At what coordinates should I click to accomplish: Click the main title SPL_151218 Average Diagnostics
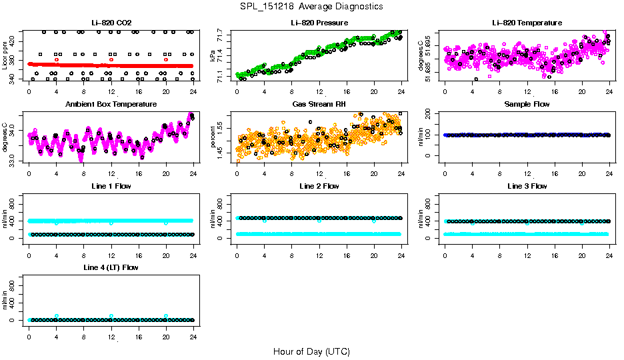pos(312,6)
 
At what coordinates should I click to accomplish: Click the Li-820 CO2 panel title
pos(111,23)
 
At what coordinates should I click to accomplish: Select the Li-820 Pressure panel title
pos(319,23)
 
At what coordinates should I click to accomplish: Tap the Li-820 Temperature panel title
pos(527,23)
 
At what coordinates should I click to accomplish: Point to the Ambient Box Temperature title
pos(111,105)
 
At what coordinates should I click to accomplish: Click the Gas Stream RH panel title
pos(319,105)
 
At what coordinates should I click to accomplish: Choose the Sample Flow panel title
pos(527,105)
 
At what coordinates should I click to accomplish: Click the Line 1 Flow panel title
pos(111,187)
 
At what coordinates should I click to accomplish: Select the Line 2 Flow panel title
pos(319,187)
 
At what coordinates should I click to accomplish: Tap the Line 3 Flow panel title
pos(527,187)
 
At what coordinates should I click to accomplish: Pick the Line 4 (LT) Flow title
pos(111,268)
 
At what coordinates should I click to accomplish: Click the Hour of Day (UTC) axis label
pos(311,351)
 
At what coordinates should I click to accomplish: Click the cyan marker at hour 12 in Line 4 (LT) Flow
pos(111,316)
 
